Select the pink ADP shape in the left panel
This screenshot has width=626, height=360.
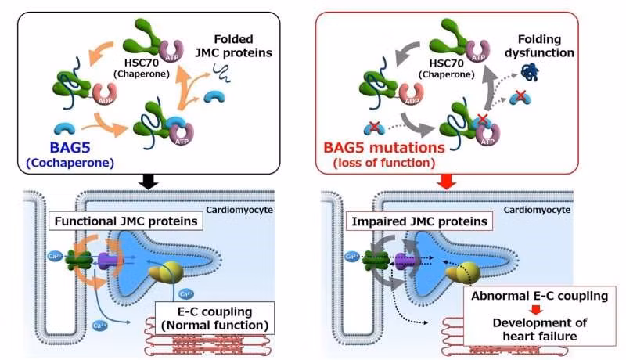pyautogui.click(x=105, y=95)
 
